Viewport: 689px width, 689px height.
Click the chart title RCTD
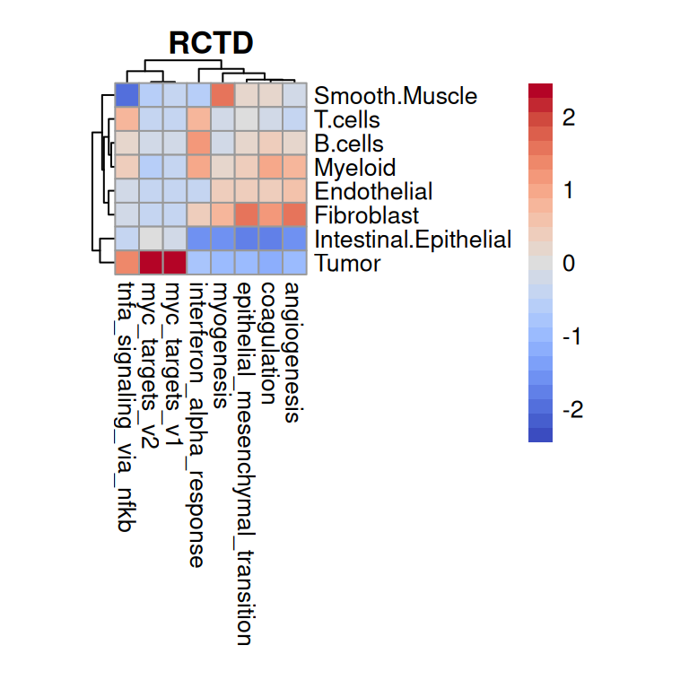[211, 42]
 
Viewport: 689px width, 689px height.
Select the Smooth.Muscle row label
[396, 96]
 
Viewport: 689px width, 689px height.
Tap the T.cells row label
[347, 120]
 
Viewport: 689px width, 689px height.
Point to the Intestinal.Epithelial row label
[413, 240]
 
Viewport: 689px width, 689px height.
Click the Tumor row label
[348, 264]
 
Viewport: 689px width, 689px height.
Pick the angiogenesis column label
[292, 351]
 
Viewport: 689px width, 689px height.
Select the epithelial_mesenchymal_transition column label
[245, 463]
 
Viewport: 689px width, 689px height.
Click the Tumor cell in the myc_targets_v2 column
[151, 263]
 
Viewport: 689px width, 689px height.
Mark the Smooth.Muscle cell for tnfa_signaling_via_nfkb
[126, 95]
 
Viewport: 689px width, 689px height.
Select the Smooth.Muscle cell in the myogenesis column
[222, 95]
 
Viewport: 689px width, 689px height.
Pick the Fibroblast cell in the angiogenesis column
[294, 215]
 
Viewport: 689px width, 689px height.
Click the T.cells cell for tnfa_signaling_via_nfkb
[126, 119]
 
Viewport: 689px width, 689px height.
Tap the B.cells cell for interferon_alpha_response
[198, 144]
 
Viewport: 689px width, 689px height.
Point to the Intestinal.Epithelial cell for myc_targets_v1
[175, 239]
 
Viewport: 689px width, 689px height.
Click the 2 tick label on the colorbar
[568, 118]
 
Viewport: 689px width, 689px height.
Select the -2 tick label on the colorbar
[571, 410]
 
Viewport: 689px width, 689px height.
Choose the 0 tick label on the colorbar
[568, 265]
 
